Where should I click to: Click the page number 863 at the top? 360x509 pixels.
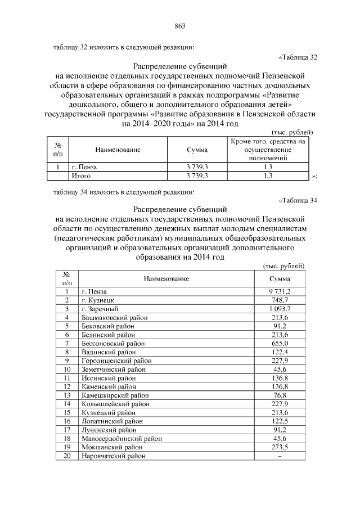point(180,26)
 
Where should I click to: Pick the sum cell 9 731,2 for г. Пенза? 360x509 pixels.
point(280,292)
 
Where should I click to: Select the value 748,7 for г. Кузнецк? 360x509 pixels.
point(280,300)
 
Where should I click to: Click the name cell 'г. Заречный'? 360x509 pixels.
point(99,309)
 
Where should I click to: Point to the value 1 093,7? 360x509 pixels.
point(280,309)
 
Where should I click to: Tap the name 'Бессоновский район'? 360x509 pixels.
point(110,343)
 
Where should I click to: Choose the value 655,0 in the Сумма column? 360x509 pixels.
point(280,343)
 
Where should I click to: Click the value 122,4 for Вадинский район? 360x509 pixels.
point(280,352)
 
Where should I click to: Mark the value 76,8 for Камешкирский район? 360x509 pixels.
point(280,395)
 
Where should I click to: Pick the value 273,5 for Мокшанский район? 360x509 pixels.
point(280,447)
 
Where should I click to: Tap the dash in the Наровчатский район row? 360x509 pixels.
point(280,456)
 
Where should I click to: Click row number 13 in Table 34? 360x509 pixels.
point(67,395)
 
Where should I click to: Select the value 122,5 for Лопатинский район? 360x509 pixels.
point(280,421)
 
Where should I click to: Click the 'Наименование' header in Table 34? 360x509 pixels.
point(166,278)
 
